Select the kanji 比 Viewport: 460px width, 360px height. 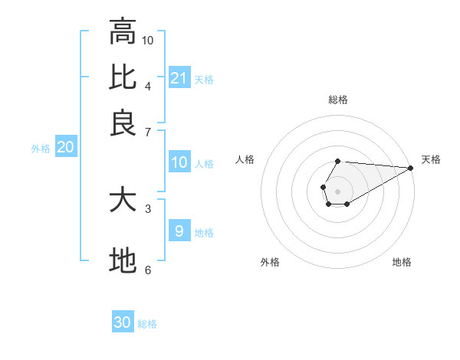pos(123,77)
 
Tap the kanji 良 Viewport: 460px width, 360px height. pos(123,123)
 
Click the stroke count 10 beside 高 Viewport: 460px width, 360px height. pos(148,40)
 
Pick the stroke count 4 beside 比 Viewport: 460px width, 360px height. pos(148,85)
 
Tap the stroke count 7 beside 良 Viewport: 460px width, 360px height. pos(148,132)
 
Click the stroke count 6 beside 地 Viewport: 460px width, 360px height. pos(148,270)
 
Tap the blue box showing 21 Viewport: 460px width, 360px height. pos(179,77)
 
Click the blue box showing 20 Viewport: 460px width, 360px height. pos(65,148)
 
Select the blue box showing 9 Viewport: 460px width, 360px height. pos(179,231)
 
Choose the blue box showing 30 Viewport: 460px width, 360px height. pos(123,322)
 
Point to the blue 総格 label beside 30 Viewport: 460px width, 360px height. pos(147,324)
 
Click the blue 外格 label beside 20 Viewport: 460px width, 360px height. pos(41,149)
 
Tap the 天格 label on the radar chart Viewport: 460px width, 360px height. pos(431,159)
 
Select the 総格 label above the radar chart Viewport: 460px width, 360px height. pos(337,100)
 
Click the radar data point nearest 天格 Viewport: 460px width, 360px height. pos(410,167)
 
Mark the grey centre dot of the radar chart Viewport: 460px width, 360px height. pos(337,190)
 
